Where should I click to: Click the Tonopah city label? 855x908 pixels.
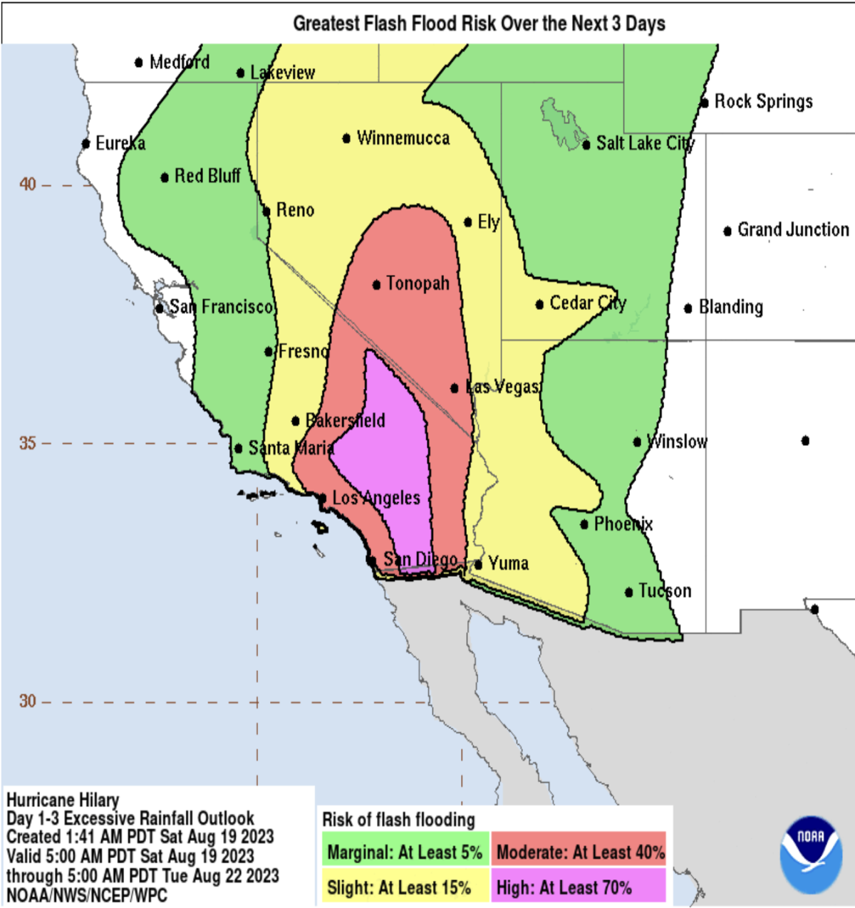418,283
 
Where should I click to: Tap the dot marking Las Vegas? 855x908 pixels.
455,388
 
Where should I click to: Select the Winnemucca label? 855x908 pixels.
403,137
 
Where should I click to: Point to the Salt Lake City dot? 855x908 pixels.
586,145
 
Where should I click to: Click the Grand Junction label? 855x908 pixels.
793,229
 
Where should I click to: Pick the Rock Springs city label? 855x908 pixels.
763,101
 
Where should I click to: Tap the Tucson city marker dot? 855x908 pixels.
628,592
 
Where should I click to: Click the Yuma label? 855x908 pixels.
508,563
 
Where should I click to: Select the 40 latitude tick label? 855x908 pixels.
27,184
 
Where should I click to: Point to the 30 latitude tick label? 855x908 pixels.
27,701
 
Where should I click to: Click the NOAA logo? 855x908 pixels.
811,855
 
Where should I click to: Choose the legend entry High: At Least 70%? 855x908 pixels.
579,887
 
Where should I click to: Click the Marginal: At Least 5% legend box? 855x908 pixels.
405,852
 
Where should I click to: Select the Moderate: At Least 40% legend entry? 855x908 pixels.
579,852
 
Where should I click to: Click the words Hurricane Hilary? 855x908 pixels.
63,800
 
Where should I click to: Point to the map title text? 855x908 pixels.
479,24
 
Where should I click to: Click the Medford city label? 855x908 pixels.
180,62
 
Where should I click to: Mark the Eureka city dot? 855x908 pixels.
85,144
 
